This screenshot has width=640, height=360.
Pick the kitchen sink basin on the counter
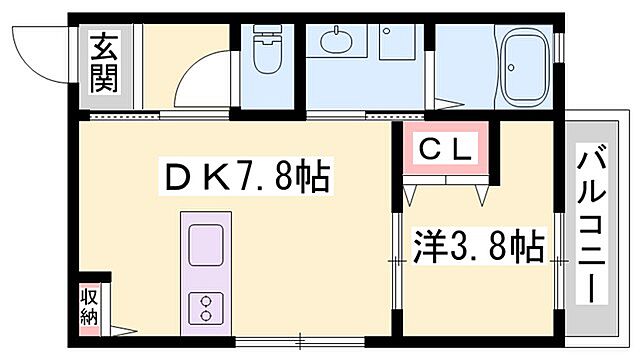coord(206,244)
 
